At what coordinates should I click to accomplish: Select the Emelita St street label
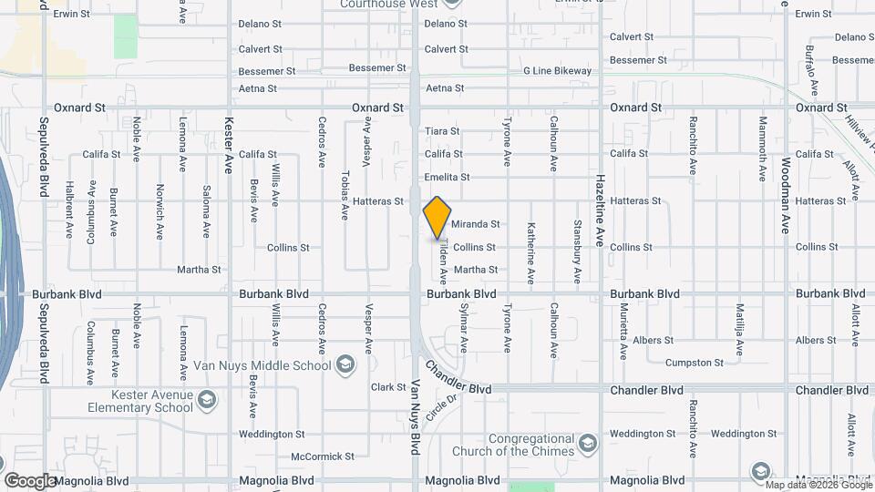tap(447, 178)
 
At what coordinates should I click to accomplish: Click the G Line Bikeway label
tap(557, 71)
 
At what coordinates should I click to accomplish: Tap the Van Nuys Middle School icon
tap(345, 366)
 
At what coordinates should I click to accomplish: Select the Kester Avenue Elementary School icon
tap(208, 400)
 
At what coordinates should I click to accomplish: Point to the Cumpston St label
tap(695, 363)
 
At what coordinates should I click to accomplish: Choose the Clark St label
tap(388, 387)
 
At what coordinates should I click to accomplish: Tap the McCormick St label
tap(322, 456)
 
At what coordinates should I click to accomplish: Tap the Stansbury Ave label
tap(577, 250)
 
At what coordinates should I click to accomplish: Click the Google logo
tap(29, 480)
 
